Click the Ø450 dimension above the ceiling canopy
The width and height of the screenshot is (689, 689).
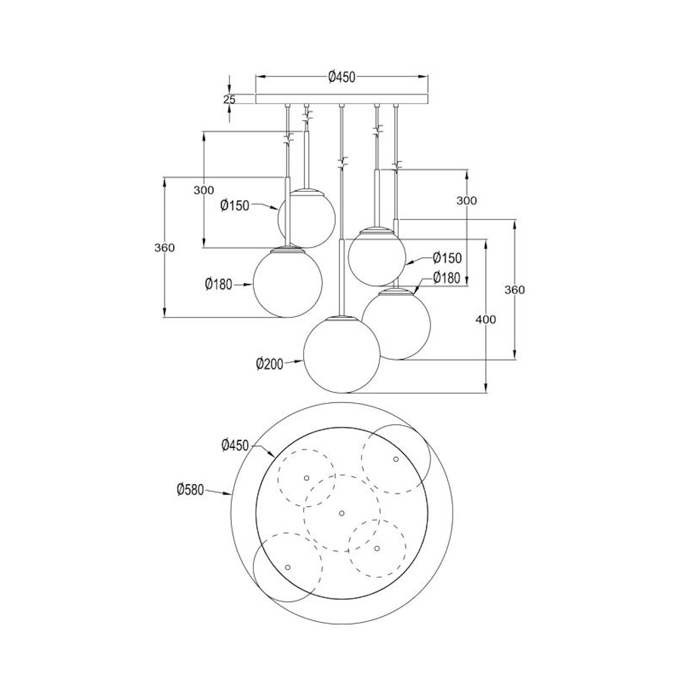pyautogui.click(x=341, y=77)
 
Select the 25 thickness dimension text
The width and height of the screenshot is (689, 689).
pyautogui.click(x=229, y=99)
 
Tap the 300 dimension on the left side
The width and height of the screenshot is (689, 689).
pyautogui.click(x=204, y=190)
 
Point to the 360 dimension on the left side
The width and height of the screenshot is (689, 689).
pyautogui.click(x=165, y=247)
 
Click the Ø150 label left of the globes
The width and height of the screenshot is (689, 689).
pyautogui.click(x=235, y=205)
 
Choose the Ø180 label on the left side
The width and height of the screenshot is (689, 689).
pyautogui.click(x=218, y=284)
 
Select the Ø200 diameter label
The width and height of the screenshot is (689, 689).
pyautogui.click(x=270, y=364)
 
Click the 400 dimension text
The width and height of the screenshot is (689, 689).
pyautogui.click(x=486, y=320)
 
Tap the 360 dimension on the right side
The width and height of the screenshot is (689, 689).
pyautogui.click(x=515, y=290)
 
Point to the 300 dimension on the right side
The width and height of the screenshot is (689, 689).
pyautogui.click(x=467, y=200)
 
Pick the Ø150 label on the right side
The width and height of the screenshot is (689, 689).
pyautogui.click(x=447, y=258)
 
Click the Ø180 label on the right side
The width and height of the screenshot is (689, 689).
pyautogui.click(x=446, y=277)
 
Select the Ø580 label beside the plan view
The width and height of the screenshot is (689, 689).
pyautogui.click(x=190, y=490)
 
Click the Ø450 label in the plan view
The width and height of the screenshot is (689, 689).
pyautogui.click(x=235, y=445)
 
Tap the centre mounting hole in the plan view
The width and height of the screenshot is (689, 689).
pyautogui.click(x=341, y=513)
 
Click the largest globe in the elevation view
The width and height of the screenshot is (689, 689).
pyautogui.click(x=341, y=355)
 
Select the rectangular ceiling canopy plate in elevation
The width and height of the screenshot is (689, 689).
pyautogui.click(x=341, y=99)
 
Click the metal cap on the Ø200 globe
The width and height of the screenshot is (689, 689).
pyautogui.click(x=341, y=318)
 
